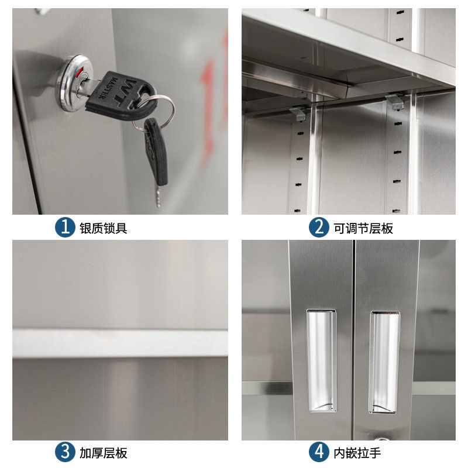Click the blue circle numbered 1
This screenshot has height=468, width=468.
click(x=65, y=227)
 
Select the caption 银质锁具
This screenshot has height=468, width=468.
click(x=104, y=228)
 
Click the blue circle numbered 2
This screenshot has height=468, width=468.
click(x=319, y=227)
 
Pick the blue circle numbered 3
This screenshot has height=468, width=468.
click(x=65, y=452)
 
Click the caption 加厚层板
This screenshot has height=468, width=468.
click(x=104, y=453)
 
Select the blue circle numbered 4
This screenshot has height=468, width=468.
click(x=319, y=452)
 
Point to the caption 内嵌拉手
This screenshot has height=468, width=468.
click(x=357, y=453)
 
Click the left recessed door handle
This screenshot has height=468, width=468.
click(x=322, y=360)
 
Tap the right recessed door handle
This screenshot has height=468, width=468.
click(x=384, y=360)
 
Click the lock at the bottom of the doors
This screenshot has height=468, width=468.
click(x=381, y=438)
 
